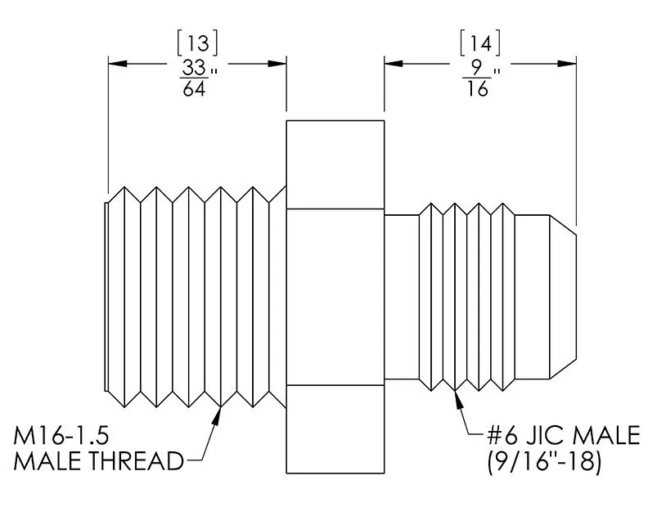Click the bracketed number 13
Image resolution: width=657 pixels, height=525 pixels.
click(x=197, y=43)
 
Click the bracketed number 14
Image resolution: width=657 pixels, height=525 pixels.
click(x=480, y=43)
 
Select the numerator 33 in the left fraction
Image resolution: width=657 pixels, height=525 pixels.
click(x=195, y=67)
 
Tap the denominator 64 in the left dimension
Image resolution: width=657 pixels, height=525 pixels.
click(x=195, y=88)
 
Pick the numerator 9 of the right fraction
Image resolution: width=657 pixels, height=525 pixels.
click(x=477, y=68)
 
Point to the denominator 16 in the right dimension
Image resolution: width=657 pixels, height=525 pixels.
click(x=477, y=88)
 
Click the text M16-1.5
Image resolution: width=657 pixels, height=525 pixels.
click(x=61, y=435)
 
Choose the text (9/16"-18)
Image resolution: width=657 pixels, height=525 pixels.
click(x=544, y=461)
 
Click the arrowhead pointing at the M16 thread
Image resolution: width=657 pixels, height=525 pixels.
click(x=218, y=415)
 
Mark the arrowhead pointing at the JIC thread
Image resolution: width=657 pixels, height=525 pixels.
click(x=458, y=399)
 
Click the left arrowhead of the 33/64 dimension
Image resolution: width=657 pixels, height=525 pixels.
click(x=117, y=64)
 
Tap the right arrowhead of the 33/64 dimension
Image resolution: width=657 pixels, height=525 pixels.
click(x=277, y=64)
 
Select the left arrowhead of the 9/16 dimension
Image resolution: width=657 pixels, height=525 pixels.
click(x=394, y=64)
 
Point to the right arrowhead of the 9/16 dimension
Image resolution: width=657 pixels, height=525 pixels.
click(x=567, y=64)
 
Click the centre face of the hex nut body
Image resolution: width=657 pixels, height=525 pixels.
click(x=335, y=296)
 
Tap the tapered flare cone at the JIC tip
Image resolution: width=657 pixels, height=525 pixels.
click(x=563, y=297)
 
